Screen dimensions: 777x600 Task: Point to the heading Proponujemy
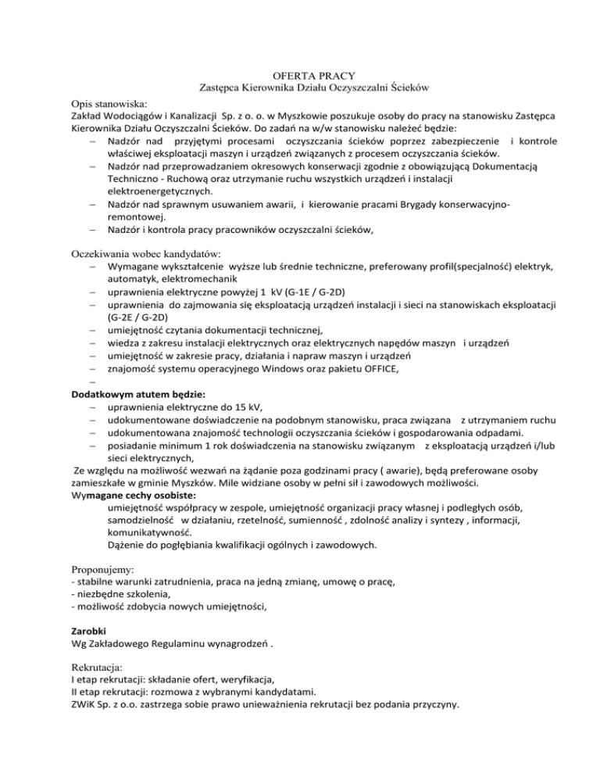pyautogui.click(x=103, y=561)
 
